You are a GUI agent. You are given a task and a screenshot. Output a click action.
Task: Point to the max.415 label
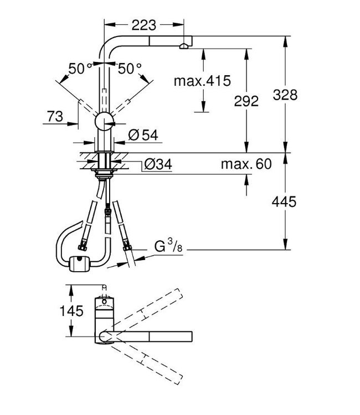(x=202, y=81)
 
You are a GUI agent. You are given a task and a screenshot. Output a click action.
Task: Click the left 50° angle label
(x=80, y=68)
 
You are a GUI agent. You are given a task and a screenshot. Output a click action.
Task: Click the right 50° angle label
(x=130, y=68)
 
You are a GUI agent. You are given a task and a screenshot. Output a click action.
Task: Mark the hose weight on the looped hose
(x=80, y=264)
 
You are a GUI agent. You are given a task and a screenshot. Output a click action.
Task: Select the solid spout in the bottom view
(x=152, y=335)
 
